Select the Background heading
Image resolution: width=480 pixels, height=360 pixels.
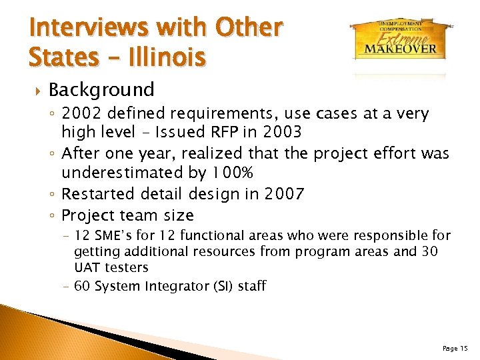101,89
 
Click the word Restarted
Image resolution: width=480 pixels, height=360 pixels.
99,194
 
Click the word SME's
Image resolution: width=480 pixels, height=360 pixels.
116,236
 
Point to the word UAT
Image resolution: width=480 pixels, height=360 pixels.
87,267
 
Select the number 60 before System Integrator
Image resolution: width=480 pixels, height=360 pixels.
83,286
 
